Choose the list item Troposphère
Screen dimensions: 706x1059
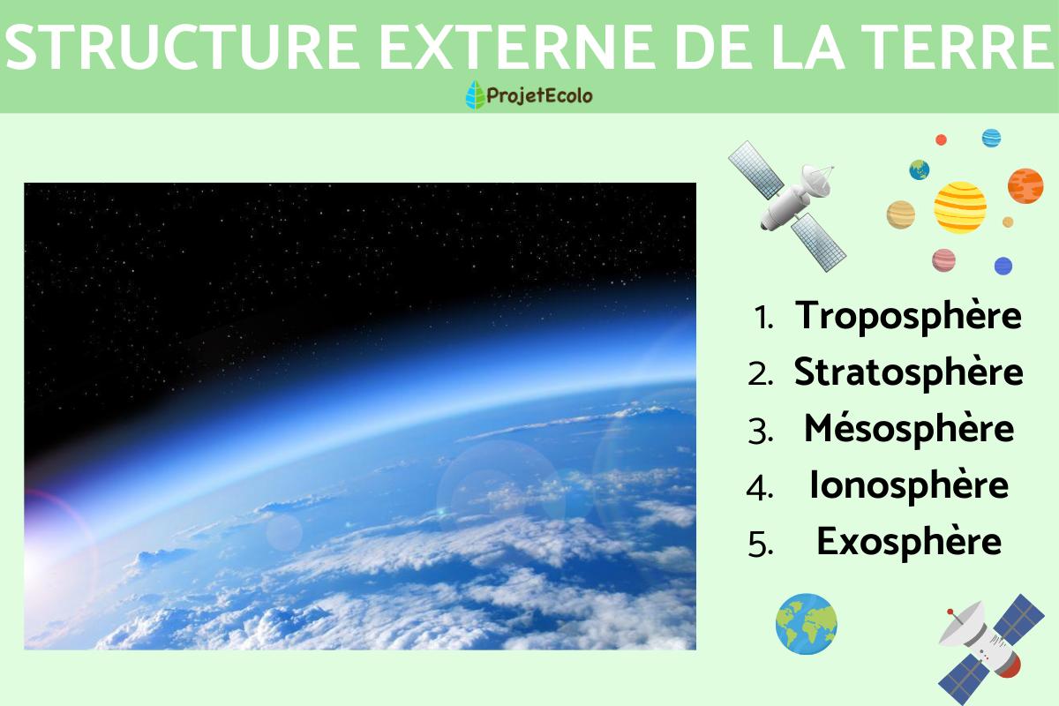[x=908, y=316]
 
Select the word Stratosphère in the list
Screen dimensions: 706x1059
[x=908, y=372]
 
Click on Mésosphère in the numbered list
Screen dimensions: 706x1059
[x=908, y=429]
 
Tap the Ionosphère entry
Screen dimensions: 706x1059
[x=908, y=485]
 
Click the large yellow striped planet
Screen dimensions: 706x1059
[x=960, y=207]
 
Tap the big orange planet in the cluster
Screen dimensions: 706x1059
[x=1025, y=184]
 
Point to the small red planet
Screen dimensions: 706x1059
[x=941, y=139]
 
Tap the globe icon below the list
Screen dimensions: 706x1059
[x=806, y=623]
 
